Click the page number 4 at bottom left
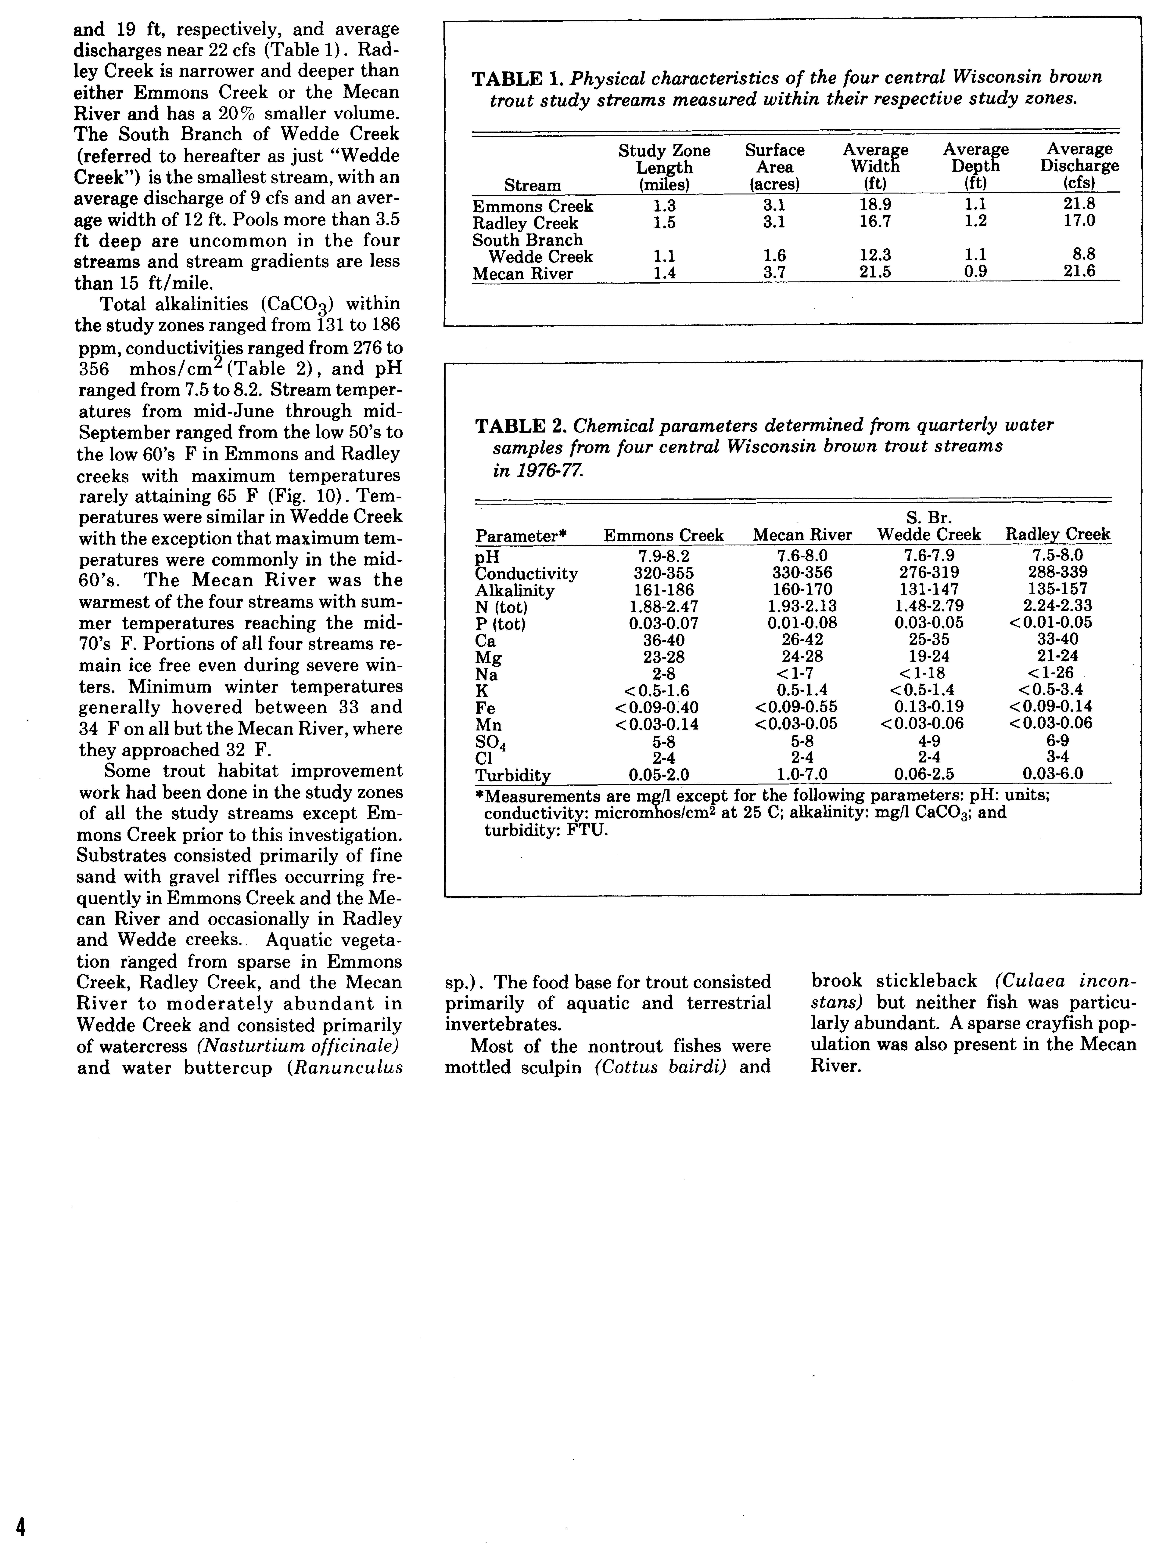(x=22, y=1523)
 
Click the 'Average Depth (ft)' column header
(x=975, y=166)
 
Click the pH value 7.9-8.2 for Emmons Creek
(x=664, y=556)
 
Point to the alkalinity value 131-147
(x=928, y=589)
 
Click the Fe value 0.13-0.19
(x=928, y=707)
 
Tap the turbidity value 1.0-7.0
(x=802, y=774)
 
